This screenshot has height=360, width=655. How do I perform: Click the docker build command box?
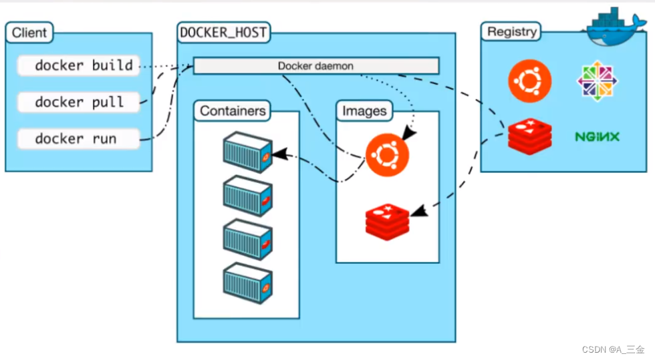pyautogui.click(x=79, y=65)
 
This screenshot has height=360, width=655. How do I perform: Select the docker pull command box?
pyautogui.click(x=79, y=102)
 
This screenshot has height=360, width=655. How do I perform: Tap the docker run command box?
pyautogui.click(x=79, y=139)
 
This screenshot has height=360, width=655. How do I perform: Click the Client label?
pyautogui.click(x=29, y=32)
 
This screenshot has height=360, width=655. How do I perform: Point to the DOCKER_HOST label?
pyautogui.click(x=223, y=32)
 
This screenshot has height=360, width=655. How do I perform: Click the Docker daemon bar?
pyautogui.click(x=316, y=66)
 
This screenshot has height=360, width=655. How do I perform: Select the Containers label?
pyautogui.click(x=233, y=111)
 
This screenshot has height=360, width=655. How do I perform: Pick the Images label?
pyautogui.click(x=364, y=111)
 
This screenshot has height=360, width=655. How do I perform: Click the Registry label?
pyautogui.click(x=511, y=32)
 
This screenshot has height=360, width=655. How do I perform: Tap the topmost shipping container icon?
pyautogui.click(x=247, y=152)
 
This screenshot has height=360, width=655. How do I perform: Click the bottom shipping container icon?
pyautogui.click(x=247, y=283)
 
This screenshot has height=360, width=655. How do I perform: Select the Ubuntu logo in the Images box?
pyautogui.click(x=386, y=155)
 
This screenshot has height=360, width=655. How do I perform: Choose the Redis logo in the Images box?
pyautogui.click(x=388, y=221)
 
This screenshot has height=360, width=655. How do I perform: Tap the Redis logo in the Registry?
pyautogui.click(x=530, y=136)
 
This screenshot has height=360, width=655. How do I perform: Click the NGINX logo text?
pyautogui.click(x=597, y=137)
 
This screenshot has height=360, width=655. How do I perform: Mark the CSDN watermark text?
pyautogui.click(x=613, y=350)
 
